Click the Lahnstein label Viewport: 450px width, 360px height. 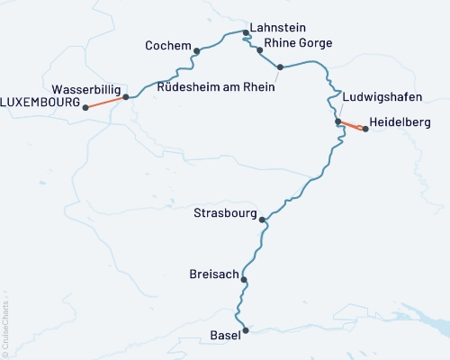(279, 28)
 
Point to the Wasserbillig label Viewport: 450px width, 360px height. (86, 90)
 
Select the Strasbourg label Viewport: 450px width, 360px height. (224, 213)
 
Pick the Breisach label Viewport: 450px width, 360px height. (212, 274)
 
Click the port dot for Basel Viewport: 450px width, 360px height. (245, 331)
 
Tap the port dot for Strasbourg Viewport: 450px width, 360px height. (262, 220)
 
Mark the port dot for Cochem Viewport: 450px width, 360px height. (196, 50)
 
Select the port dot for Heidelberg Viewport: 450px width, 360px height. (365, 129)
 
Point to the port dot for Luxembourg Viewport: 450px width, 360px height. (85, 107)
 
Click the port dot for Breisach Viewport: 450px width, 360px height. (244, 280)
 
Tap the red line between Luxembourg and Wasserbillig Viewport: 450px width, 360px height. (105, 102)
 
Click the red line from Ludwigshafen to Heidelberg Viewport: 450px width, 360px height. (351, 125)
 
